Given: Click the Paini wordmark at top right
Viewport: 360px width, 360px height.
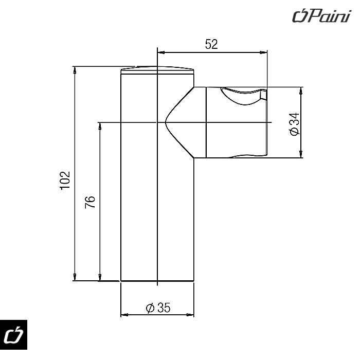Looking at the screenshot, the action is (321, 16).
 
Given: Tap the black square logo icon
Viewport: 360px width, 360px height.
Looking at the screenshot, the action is (13, 334).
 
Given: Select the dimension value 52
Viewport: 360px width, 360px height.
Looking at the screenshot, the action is (211, 44).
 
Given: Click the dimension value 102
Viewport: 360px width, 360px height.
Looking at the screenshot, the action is (65, 180).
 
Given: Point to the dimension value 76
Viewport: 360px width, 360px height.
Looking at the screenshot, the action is (90, 202).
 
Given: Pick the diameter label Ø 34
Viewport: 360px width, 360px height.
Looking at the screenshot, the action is (295, 124).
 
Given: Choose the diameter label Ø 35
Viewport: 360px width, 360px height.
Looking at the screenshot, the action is (158, 308).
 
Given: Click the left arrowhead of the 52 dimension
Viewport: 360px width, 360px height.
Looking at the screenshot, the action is (160, 52).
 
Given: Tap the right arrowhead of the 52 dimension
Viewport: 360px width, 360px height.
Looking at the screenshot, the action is (264, 52).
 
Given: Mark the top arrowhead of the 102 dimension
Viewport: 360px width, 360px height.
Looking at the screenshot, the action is (75, 70).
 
